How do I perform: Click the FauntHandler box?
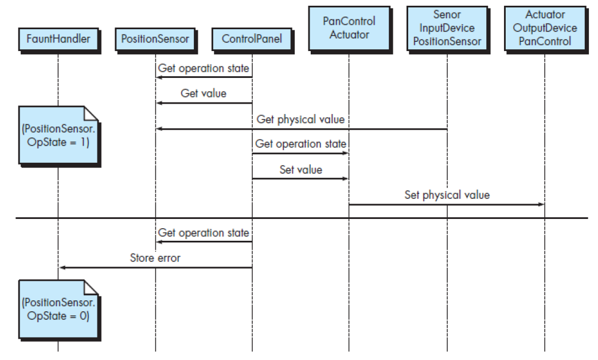coord(58,40)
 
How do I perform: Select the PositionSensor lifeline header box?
coord(155,40)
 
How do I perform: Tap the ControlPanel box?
coord(252,40)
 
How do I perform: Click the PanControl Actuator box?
coord(349,28)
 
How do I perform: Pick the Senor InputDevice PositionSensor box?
coord(447,28)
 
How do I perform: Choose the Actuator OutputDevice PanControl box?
coord(545,28)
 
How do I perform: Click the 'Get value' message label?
coord(204,93)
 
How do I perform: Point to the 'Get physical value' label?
coord(300,119)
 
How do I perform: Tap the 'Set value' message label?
coord(300,170)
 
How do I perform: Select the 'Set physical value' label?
coord(447,195)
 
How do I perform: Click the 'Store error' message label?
coord(155,258)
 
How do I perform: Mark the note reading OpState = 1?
coord(58,135)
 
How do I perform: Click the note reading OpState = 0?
coord(58,310)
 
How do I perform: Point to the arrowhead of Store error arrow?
coord(61,268)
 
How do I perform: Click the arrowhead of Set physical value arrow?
coord(541,205)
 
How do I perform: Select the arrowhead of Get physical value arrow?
coord(159,129)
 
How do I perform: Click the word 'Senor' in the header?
coord(447,15)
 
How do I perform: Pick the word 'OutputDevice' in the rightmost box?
coord(545,28)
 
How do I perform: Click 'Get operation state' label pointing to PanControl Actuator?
coord(300,144)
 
